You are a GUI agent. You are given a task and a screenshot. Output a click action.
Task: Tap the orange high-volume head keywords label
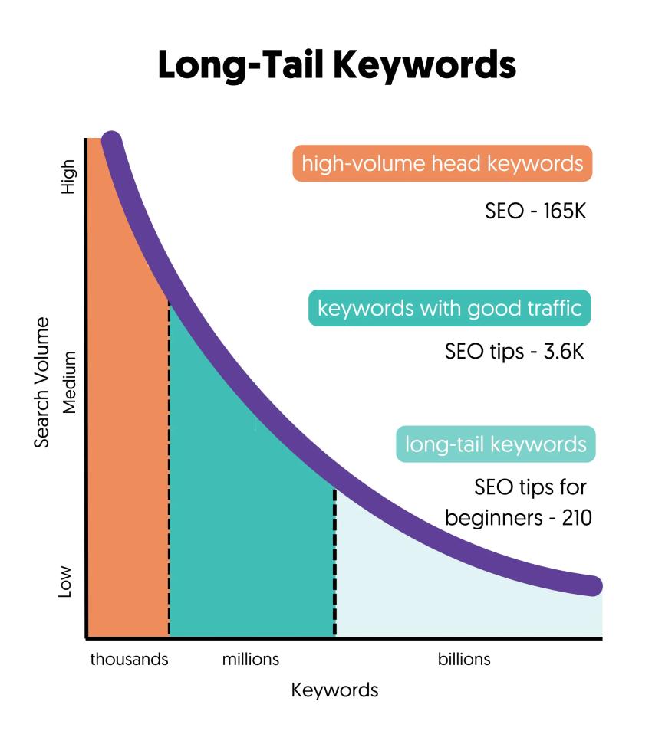point(442,164)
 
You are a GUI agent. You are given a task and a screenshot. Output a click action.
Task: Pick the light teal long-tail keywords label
point(496,444)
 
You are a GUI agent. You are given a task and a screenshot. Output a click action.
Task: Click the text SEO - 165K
point(535,211)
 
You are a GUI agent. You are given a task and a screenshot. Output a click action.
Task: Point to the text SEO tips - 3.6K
point(515,352)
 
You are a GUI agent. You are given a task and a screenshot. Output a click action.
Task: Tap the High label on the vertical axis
point(69,176)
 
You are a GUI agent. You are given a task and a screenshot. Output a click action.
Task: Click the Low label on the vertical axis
point(66,582)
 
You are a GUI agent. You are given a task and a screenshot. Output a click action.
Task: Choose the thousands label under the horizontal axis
point(129,659)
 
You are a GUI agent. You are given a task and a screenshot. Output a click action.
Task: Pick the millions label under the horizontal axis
point(251,659)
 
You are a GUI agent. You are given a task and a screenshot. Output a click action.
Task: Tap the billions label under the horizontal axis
point(464,659)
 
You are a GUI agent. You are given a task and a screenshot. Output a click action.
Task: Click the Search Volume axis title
point(43,382)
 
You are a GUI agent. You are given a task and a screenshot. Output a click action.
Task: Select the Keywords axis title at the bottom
point(334,690)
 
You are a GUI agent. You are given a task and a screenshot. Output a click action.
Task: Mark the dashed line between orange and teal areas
point(169,475)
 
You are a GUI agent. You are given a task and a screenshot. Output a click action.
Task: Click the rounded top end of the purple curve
point(112,142)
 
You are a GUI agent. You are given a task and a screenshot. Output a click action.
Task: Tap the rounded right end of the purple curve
point(592,586)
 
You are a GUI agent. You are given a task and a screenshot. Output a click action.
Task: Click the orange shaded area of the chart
point(127,460)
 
